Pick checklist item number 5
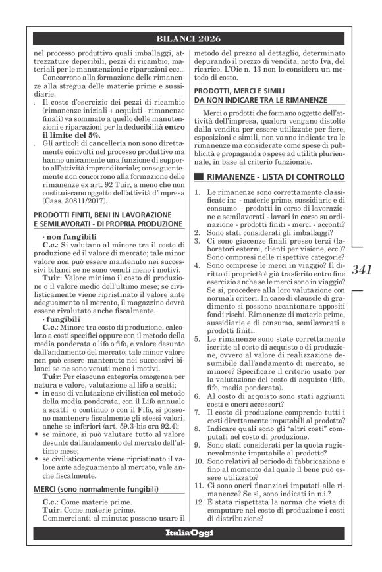coord(200,338)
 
